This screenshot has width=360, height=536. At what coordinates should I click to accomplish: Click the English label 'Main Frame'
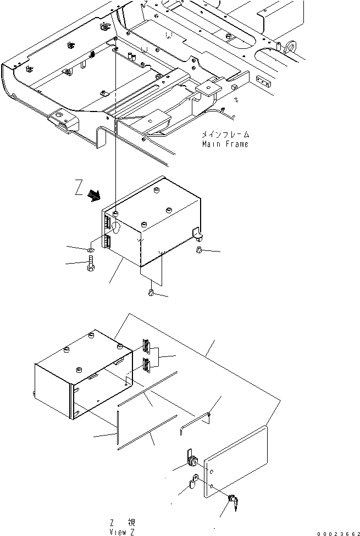pos(225,144)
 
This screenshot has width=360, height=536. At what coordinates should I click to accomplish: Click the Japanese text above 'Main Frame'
pos(225,135)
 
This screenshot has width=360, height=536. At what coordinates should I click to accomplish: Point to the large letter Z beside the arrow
pos(79,188)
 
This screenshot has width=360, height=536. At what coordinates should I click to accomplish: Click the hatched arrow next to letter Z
pos(94,196)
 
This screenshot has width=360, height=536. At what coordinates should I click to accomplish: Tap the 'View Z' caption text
pos(122,532)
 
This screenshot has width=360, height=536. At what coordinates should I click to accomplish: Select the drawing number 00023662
pos(338,534)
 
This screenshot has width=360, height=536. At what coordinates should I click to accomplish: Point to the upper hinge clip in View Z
pos(146,347)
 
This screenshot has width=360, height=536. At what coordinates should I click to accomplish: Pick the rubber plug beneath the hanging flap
pos(151,293)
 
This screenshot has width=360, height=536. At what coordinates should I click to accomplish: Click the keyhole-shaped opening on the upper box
pos(116,227)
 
